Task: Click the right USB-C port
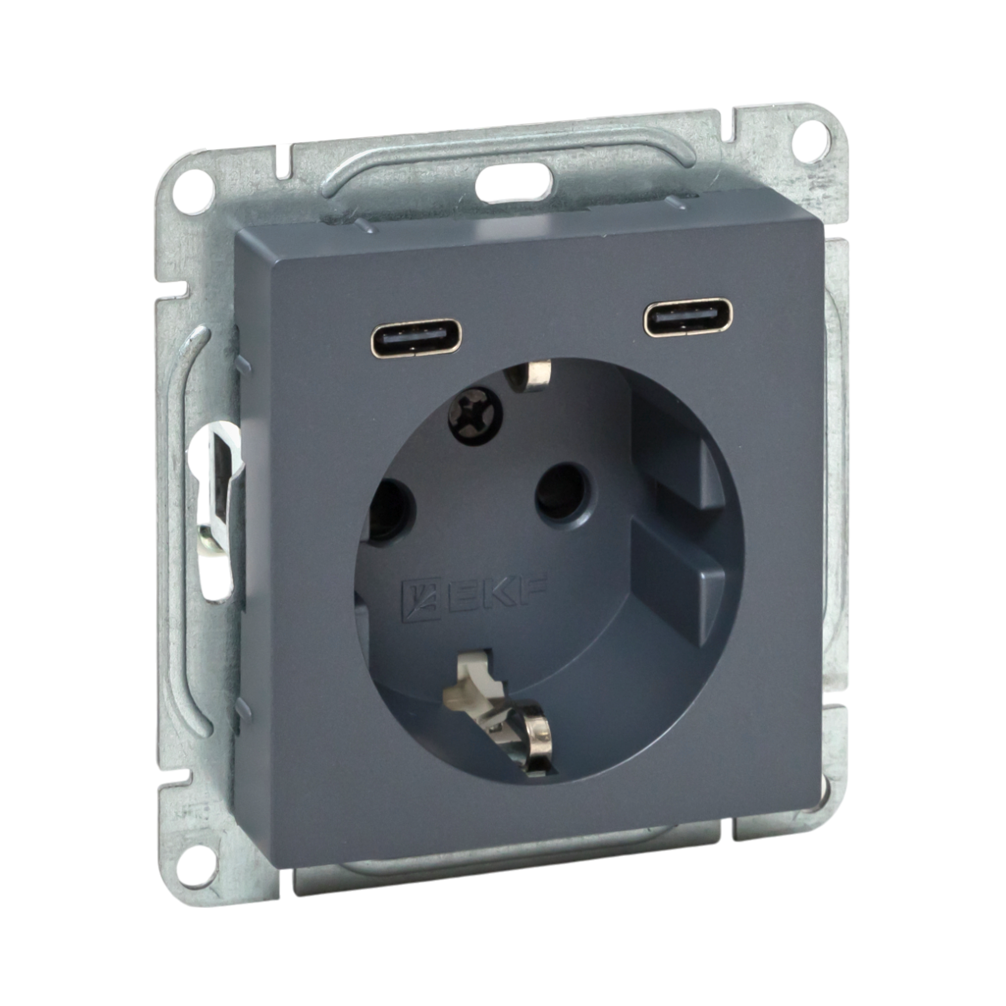pos(688,317)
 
